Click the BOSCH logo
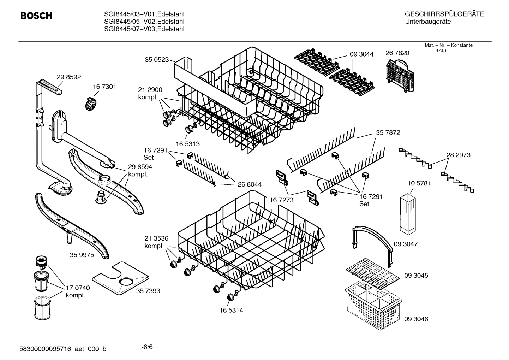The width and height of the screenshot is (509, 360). coord(36,16)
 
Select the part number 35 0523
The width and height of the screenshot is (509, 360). coord(157,60)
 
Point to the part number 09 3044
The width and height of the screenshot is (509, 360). coord(361,54)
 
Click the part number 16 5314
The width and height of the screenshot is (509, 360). coord(231,311)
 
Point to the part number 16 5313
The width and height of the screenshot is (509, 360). coord(188,144)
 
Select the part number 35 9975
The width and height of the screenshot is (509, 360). coord(82,255)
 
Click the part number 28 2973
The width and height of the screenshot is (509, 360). coord(458,155)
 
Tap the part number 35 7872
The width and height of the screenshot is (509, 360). coord(388,132)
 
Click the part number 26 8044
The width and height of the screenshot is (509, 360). coord(250,184)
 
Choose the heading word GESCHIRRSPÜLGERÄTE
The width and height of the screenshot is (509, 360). coord(444,14)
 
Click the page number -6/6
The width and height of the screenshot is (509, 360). coord(147,347)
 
